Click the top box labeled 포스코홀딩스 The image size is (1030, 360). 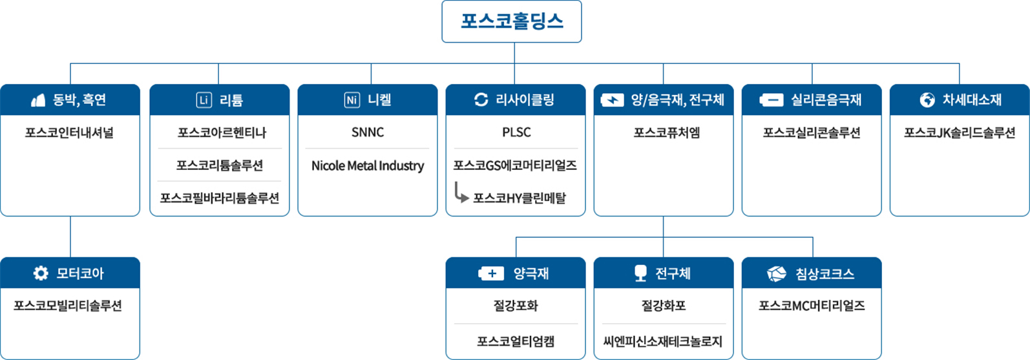pyautogui.click(x=512, y=21)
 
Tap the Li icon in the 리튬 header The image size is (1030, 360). pyautogui.click(x=204, y=100)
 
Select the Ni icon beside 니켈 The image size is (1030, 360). pyautogui.click(x=352, y=100)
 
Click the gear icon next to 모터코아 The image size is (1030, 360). pyautogui.click(x=41, y=273)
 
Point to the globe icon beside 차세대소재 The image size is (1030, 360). pyautogui.click(x=927, y=100)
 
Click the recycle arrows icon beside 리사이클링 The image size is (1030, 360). pyautogui.click(x=481, y=100)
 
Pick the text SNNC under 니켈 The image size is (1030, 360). pyautogui.click(x=368, y=132)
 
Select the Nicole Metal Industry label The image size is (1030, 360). pyautogui.click(x=368, y=165)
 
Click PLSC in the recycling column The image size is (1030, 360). pyautogui.click(x=516, y=132)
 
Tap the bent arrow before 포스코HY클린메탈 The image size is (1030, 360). pyautogui.click(x=461, y=193)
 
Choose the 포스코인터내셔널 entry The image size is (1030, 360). pyautogui.click(x=69, y=132)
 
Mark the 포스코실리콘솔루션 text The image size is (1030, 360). pyautogui.click(x=812, y=132)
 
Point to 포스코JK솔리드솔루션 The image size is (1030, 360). pyautogui.click(x=960, y=132)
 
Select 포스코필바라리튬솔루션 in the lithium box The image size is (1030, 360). pyautogui.click(x=220, y=198)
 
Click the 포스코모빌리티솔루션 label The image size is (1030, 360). pyautogui.click(x=68, y=306)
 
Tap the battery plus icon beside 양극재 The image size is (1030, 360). pyautogui.click(x=491, y=273)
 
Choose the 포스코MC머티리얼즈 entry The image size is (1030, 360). pyautogui.click(x=812, y=306)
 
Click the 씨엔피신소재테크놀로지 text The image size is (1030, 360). pyautogui.click(x=663, y=341)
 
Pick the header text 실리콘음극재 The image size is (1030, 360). pyautogui.click(x=826, y=100)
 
